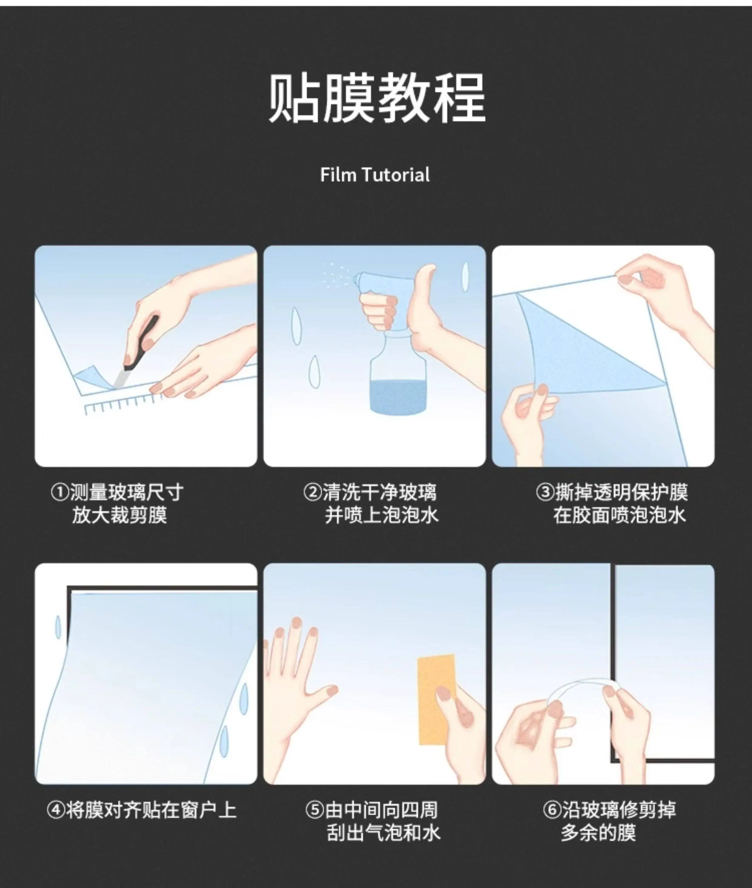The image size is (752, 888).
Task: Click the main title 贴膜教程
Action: [x=377, y=98]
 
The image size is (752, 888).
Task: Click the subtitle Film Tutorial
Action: [x=375, y=175]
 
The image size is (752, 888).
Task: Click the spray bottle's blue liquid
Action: [x=398, y=396]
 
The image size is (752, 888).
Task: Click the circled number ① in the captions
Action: [x=60, y=493]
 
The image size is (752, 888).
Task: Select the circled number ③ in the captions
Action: [x=545, y=493]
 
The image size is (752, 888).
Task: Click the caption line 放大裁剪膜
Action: [x=119, y=515]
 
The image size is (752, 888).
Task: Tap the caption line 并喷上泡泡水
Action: [x=381, y=515]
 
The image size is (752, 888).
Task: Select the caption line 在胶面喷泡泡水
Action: [x=619, y=515]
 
